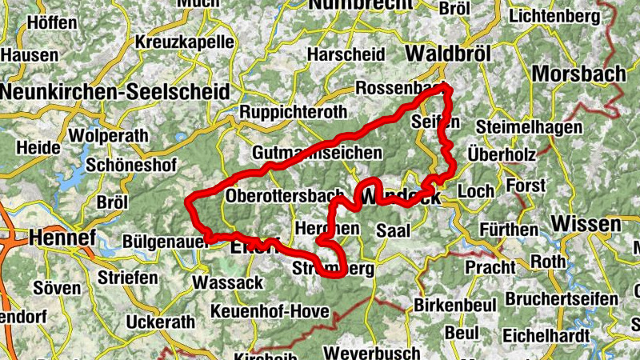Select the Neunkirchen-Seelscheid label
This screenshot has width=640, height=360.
pos(114,91)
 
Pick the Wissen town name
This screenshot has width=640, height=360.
pos(586,224)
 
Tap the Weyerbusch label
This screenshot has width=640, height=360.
pos(372,352)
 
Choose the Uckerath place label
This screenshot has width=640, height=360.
pos(160,322)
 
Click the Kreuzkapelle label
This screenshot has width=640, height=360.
pos(185,42)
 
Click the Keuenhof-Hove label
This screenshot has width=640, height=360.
pos(269,310)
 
